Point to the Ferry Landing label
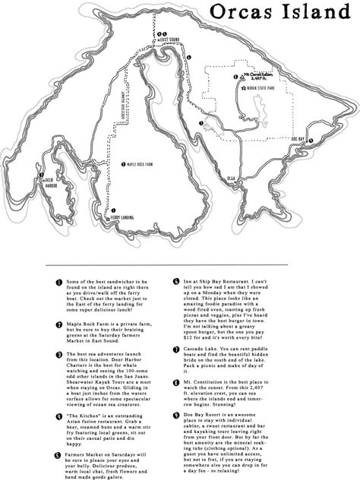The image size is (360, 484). pyautogui.click(x=127, y=217)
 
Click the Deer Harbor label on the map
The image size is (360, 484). pyautogui.click(x=43, y=180)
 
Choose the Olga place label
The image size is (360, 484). pyautogui.click(x=232, y=178)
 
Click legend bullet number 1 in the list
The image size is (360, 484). pyautogui.click(x=58, y=282)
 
